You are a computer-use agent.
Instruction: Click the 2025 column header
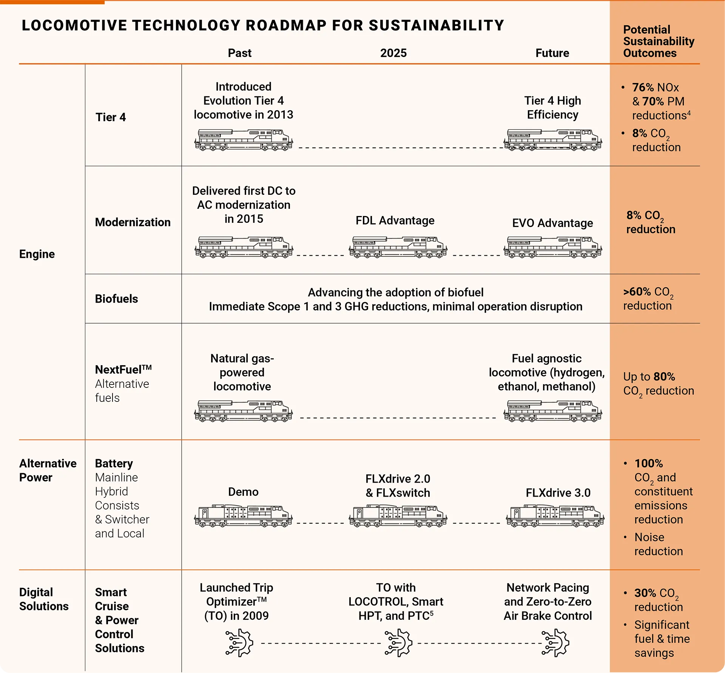click(393, 53)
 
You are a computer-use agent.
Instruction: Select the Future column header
click(552, 53)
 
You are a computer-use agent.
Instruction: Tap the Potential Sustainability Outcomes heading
click(658, 41)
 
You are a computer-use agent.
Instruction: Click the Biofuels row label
click(116, 299)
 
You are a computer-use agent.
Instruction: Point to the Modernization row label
click(133, 222)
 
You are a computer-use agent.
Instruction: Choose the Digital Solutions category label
click(43, 599)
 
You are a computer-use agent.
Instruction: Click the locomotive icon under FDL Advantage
click(398, 248)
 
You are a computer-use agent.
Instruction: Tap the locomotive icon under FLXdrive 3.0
click(555, 516)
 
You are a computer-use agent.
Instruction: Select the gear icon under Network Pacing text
click(555, 643)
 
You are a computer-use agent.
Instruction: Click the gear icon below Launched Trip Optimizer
click(239, 643)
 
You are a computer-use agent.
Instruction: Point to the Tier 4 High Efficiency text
click(552, 108)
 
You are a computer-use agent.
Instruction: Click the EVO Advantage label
click(552, 223)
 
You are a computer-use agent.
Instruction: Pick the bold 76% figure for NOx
click(643, 88)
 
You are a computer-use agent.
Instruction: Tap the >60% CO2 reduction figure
click(637, 292)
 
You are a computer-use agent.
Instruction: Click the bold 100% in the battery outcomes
click(648, 463)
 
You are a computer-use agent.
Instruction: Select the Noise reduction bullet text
click(658, 544)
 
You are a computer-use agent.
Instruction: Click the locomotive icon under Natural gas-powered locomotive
click(243, 411)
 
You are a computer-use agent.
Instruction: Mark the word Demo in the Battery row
click(243, 492)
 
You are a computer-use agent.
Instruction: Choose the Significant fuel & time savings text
click(662, 639)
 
